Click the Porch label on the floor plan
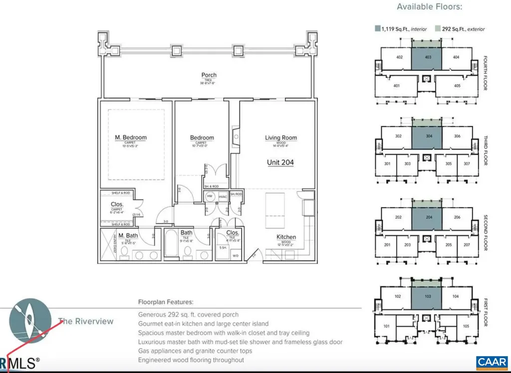209,75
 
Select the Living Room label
280,137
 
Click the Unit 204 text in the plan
279,162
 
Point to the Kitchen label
286,237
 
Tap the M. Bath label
128,235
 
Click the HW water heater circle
210,196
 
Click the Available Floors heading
429,7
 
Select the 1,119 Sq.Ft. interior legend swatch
378,29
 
